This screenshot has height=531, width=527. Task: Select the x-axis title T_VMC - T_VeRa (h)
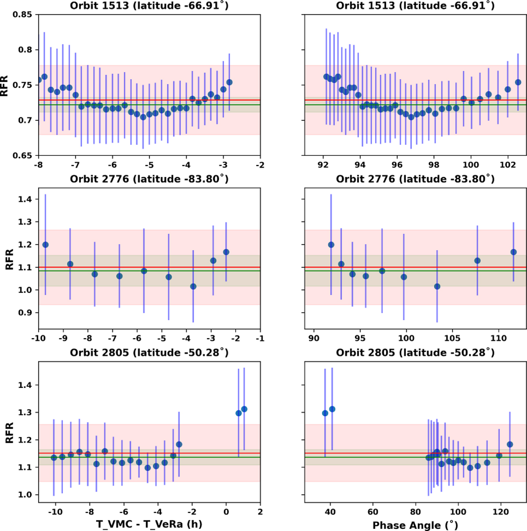(149, 524)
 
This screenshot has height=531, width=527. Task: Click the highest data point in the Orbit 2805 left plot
(244, 409)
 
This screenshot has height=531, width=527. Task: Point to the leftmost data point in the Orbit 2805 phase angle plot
(325, 413)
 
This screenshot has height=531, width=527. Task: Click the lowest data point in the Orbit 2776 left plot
(193, 286)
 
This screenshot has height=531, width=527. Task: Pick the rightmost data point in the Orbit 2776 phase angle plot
(513, 252)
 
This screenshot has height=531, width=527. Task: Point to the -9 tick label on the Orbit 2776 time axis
(63, 338)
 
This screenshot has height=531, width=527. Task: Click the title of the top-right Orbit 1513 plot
(415, 6)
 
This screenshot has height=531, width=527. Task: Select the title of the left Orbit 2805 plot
(149, 353)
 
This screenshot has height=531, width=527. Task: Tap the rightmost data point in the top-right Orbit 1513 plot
(518, 82)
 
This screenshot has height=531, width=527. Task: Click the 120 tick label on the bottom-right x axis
(501, 512)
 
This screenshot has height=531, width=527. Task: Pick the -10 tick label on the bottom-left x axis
(54, 512)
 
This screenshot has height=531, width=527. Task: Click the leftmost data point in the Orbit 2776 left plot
(45, 245)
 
